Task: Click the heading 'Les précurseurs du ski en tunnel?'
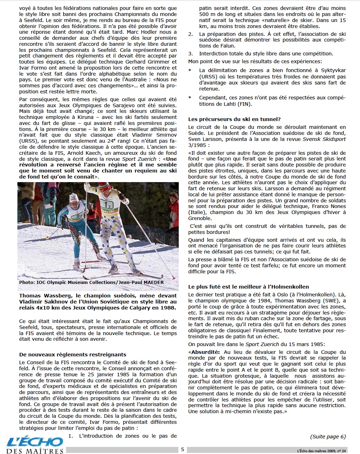(234, 119)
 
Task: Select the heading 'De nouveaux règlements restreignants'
(73, 354)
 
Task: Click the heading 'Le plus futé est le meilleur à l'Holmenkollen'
(248, 287)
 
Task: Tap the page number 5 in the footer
(182, 449)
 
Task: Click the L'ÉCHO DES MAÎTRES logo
(35, 445)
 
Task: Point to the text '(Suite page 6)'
(328, 437)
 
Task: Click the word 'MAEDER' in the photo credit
(153, 283)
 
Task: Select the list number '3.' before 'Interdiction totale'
(190, 54)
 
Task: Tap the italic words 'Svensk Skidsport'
(324, 139)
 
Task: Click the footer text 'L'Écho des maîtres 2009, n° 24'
(321, 450)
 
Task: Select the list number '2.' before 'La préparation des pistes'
(190, 34)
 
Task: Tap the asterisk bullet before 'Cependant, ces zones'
(190, 98)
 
